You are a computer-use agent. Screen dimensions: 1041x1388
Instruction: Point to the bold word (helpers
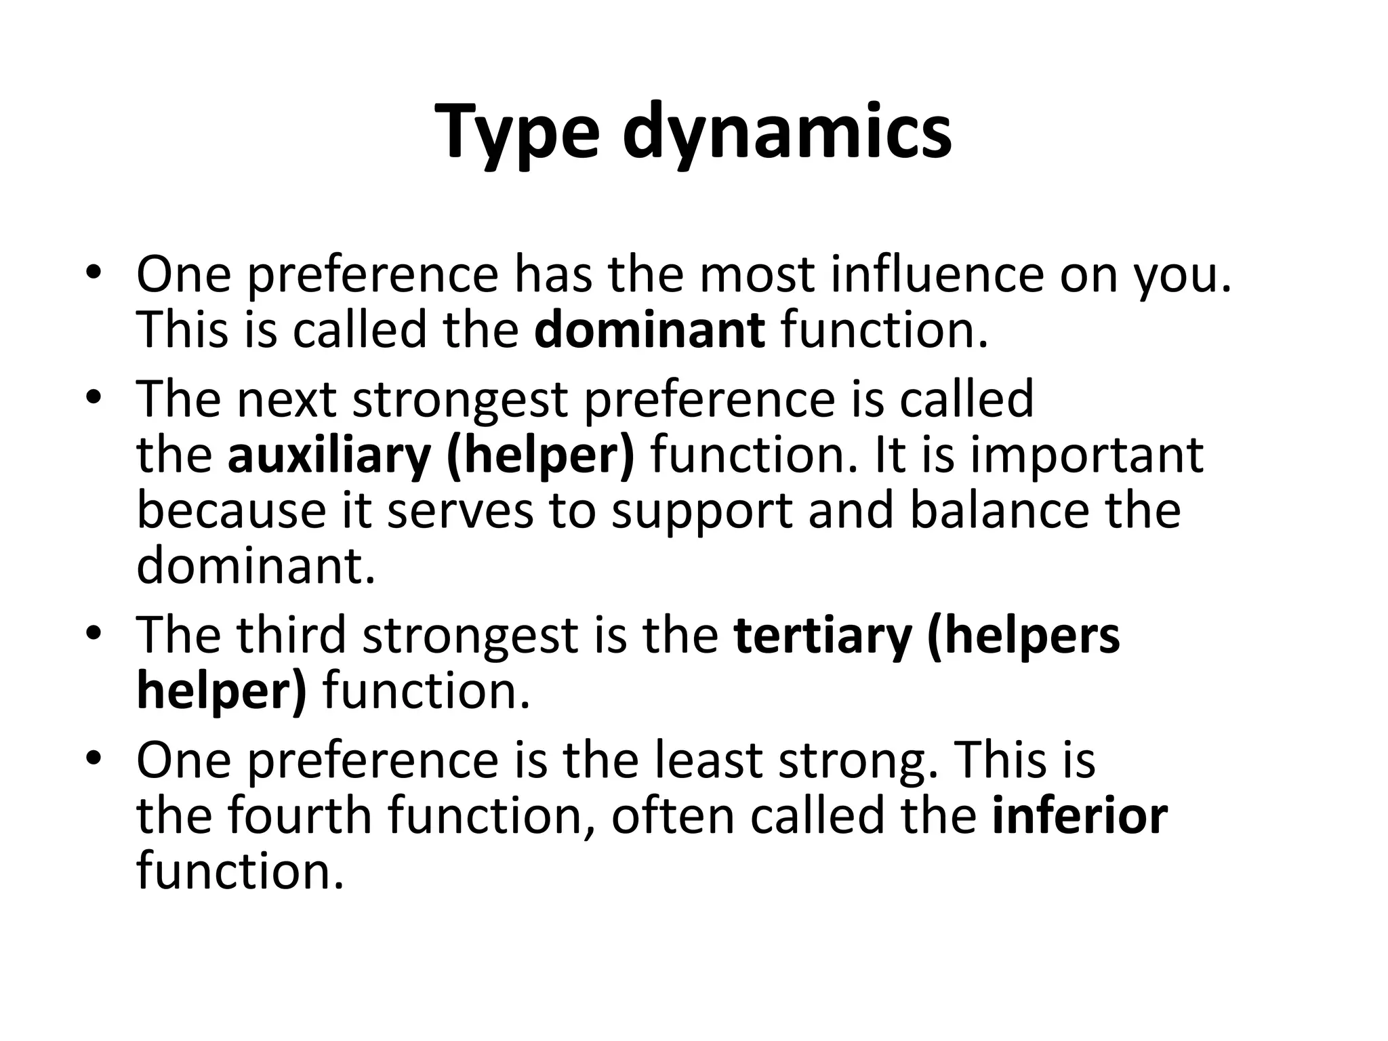(1023, 635)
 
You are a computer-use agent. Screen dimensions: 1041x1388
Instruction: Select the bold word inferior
(1080, 815)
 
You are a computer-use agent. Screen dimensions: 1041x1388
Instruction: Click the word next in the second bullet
(287, 399)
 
